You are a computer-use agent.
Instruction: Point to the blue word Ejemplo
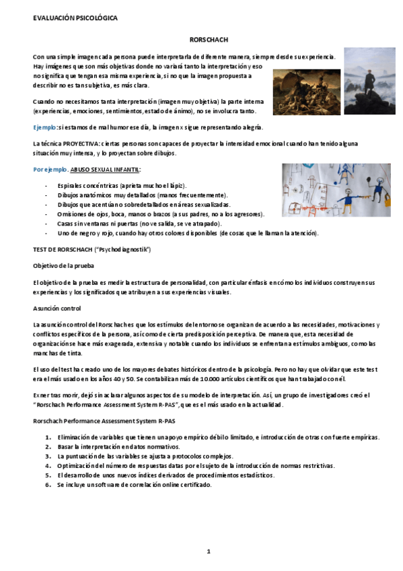45,127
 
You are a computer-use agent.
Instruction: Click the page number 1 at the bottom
209,551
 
